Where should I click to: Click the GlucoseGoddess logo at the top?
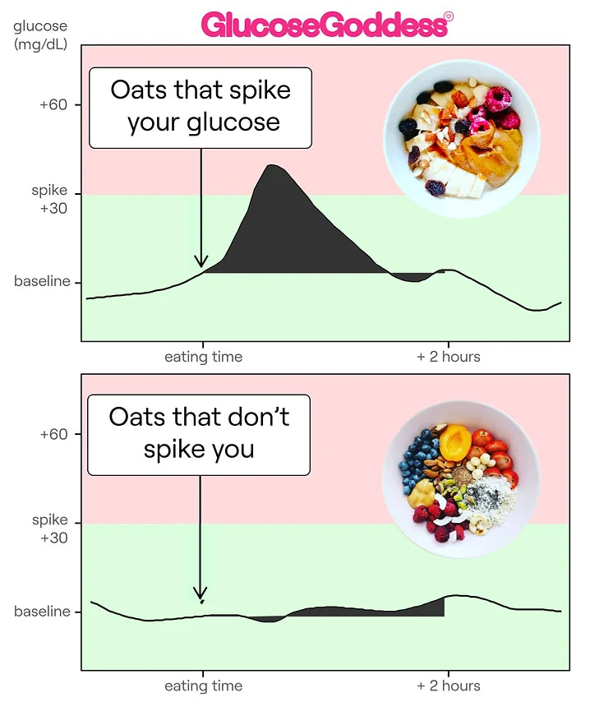click(326, 25)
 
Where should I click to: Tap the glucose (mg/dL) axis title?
click(40, 35)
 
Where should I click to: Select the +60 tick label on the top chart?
click(53, 105)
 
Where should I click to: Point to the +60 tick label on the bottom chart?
click(53, 434)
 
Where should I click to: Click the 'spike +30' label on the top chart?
click(50, 199)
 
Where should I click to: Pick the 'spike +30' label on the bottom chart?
click(50, 529)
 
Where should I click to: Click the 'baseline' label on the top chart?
click(42, 282)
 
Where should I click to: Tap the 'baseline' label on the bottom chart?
click(42, 612)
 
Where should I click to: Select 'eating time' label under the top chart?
click(203, 357)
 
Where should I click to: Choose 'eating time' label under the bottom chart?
click(203, 686)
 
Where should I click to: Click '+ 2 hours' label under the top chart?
click(448, 357)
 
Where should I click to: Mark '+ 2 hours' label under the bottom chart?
click(448, 686)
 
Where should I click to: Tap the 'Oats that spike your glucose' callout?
click(201, 107)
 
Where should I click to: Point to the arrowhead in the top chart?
click(201, 262)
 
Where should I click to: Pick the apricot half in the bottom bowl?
click(454, 446)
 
